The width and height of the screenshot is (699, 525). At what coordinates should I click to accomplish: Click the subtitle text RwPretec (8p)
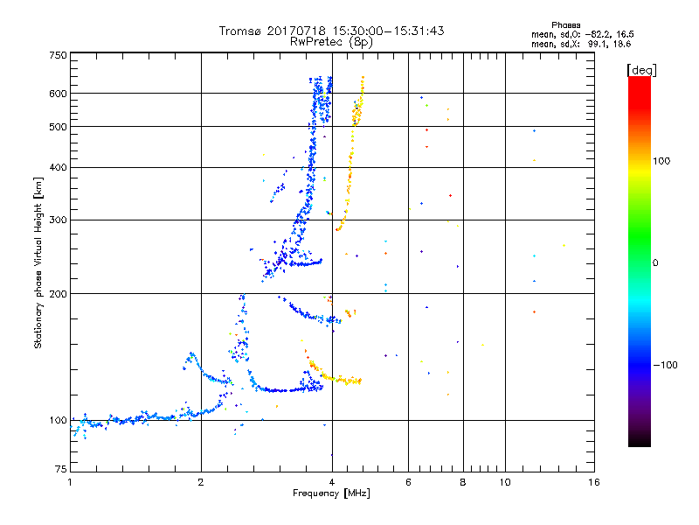click(332, 42)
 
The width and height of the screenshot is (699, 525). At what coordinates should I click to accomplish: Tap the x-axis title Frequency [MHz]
click(332, 493)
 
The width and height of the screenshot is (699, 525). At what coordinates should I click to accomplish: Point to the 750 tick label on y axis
click(59, 55)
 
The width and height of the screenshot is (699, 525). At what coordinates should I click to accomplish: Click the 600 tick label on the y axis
click(59, 94)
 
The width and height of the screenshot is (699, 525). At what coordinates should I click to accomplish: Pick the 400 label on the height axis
click(59, 167)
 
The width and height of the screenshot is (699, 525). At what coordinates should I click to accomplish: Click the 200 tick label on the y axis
click(59, 294)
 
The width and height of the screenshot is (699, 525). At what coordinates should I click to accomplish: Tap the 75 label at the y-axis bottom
click(61, 469)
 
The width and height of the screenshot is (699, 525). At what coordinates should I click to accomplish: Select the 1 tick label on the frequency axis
click(70, 482)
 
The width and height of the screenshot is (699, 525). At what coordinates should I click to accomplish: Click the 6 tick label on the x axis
click(408, 482)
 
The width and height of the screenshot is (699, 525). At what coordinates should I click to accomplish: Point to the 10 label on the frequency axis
click(505, 482)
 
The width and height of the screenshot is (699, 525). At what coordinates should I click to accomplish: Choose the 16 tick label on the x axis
click(594, 482)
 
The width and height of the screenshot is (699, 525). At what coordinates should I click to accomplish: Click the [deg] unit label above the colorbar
click(641, 70)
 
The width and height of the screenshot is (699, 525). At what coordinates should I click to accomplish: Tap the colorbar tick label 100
click(661, 161)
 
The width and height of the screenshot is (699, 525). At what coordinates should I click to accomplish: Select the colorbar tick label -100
click(665, 365)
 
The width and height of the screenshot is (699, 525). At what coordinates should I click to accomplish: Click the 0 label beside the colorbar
click(655, 263)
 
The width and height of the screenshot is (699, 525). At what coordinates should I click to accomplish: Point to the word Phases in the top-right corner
click(565, 25)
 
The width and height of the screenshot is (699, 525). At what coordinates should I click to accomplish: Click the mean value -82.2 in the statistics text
click(598, 35)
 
